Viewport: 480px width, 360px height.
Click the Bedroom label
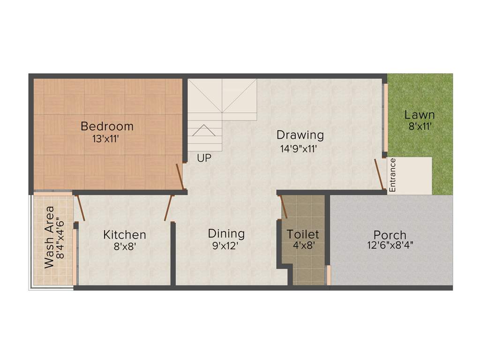(107, 127)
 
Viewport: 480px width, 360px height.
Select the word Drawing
(300, 135)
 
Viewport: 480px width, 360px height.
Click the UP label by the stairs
(204, 158)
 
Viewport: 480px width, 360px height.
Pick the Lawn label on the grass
(420, 115)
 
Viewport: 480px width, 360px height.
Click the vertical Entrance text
(393, 175)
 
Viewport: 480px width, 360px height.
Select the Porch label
(390, 235)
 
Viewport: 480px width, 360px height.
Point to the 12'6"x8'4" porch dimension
(390, 245)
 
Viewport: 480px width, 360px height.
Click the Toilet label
(303, 234)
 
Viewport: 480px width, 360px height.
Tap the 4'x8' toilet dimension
(303, 245)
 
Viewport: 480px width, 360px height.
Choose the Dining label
(226, 233)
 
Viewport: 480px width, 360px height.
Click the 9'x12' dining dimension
(226, 245)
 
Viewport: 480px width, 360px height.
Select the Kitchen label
(125, 235)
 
